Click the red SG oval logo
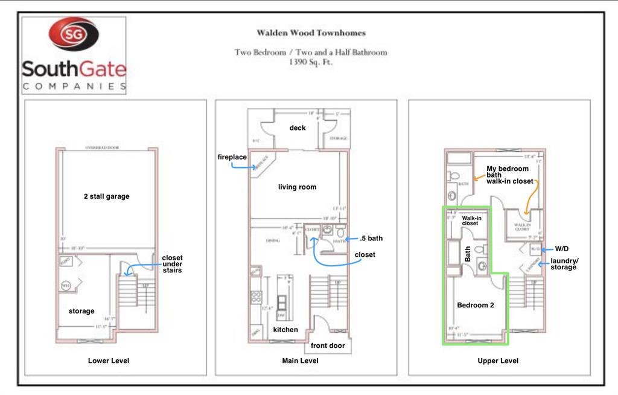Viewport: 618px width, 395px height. (74, 34)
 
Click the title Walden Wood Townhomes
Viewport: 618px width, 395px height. (311, 33)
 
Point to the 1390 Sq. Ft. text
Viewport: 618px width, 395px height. (311, 62)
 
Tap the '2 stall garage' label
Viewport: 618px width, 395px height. (106, 196)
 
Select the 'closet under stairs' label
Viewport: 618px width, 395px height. (172, 265)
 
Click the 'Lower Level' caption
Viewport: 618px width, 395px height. (109, 361)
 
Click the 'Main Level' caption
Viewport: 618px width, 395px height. (300, 361)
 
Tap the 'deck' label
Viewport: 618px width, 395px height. (298, 128)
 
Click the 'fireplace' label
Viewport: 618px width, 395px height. (232, 157)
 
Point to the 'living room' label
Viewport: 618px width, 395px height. (297, 187)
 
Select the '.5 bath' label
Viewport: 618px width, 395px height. (371, 239)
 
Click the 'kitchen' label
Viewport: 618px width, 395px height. (285, 330)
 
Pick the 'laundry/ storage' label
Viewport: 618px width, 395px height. (564, 264)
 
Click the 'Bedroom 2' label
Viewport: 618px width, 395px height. (475, 306)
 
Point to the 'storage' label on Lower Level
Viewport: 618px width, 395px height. (81, 311)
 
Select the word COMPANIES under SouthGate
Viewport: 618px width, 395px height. (74, 86)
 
